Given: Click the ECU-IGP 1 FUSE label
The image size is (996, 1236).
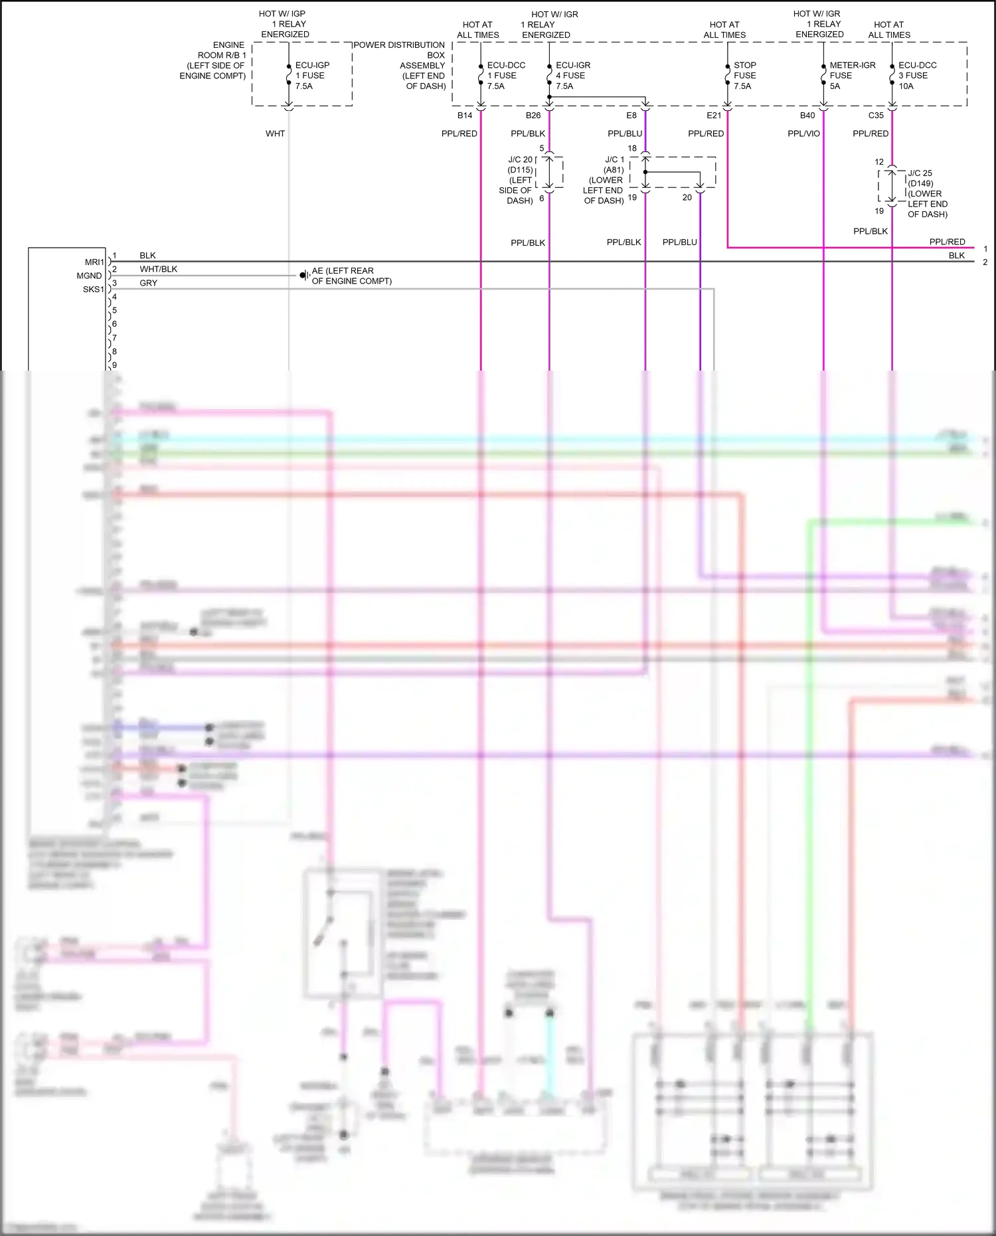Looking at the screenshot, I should [x=312, y=76].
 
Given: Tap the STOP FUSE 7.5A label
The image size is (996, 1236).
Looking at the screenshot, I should [x=744, y=76].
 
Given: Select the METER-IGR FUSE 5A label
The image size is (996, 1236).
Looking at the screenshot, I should [x=852, y=76].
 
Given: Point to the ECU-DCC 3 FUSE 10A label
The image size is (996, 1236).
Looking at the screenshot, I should [x=917, y=76].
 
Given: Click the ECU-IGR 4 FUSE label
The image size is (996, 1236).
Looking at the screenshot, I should [x=572, y=76].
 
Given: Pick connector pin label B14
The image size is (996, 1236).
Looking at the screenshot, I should [x=465, y=116].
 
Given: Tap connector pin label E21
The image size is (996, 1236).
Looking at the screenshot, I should [x=714, y=116].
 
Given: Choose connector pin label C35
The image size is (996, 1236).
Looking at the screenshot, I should [x=876, y=116].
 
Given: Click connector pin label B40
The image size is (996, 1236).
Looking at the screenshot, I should [x=807, y=116].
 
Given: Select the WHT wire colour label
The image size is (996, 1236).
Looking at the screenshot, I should [x=275, y=134].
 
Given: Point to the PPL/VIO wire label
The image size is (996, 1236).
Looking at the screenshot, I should [x=803, y=134].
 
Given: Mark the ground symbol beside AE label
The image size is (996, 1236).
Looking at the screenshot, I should [x=304, y=275].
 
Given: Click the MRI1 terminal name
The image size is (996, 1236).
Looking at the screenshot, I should [x=94, y=262].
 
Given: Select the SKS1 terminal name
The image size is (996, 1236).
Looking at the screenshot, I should [x=93, y=290].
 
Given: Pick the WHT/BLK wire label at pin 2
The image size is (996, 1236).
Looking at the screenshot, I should [x=158, y=270].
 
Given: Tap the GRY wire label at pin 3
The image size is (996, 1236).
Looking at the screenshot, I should [x=148, y=284].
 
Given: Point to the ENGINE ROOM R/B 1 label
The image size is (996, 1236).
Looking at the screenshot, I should [x=214, y=60].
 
